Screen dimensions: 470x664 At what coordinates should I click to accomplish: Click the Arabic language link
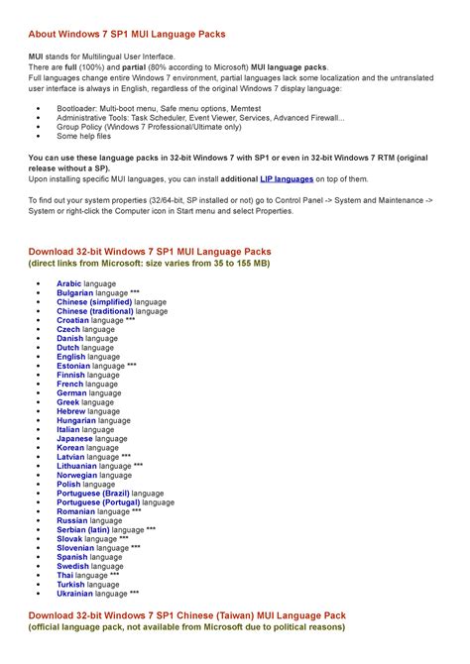(x=69, y=283)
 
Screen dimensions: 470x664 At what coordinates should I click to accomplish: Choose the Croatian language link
(x=72, y=320)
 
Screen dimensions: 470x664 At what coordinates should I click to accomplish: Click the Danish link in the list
(x=69, y=338)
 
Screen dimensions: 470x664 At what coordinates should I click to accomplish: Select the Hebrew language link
(x=71, y=411)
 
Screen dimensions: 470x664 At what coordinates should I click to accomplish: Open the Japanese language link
(x=74, y=438)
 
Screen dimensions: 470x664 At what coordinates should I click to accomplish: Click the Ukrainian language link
(x=75, y=593)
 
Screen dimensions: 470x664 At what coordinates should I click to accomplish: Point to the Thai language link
(x=64, y=575)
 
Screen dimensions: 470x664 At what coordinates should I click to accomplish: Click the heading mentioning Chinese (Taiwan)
(x=187, y=615)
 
